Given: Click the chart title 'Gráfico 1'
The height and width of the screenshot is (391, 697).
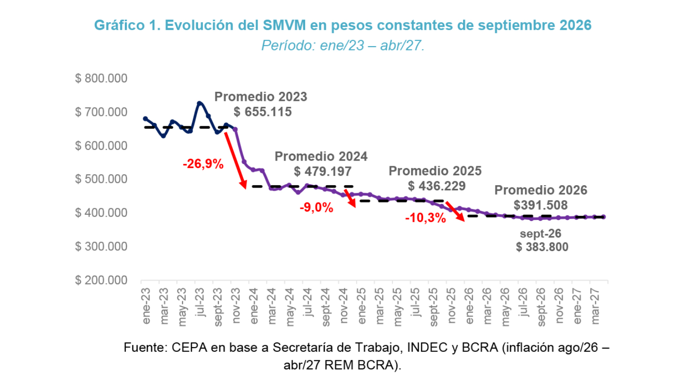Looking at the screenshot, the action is (x=127, y=25).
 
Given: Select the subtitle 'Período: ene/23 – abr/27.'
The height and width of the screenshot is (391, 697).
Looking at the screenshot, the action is (x=343, y=46).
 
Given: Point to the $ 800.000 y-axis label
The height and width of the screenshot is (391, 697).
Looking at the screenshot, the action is (x=101, y=78).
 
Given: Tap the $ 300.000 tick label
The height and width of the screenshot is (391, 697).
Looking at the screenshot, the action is (x=101, y=246).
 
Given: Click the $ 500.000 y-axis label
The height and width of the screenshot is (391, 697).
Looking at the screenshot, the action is (x=101, y=179).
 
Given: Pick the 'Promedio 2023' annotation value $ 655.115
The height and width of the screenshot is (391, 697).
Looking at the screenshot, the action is (x=263, y=112).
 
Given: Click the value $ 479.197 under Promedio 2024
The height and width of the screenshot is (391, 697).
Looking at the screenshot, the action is (x=323, y=171).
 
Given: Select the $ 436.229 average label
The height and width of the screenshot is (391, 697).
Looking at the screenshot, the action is (x=437, y=186).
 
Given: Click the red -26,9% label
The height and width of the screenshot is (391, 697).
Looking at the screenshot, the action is (x=203, y=164).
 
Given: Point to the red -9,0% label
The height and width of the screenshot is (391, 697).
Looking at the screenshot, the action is (x=316, y=207).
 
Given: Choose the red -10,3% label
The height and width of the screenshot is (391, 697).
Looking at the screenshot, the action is (x=425, y=218).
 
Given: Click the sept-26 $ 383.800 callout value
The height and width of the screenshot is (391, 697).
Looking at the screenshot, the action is (x=542, y=247).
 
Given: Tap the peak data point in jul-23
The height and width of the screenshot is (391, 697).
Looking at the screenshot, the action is (x=199, y=103).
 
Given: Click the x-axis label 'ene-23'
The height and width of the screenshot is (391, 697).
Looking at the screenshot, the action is (x=146, y=306).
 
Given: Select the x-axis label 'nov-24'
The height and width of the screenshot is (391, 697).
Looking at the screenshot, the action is (x=344, y=306).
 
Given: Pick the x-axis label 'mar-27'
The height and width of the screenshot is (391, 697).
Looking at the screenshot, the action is (x=595, y=306).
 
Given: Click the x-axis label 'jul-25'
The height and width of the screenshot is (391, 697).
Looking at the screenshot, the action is (x=416, y=302).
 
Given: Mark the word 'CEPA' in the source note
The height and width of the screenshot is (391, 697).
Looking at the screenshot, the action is (x=189, y=348).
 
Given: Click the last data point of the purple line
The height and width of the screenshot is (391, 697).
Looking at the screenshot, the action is (x=604, y=217).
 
